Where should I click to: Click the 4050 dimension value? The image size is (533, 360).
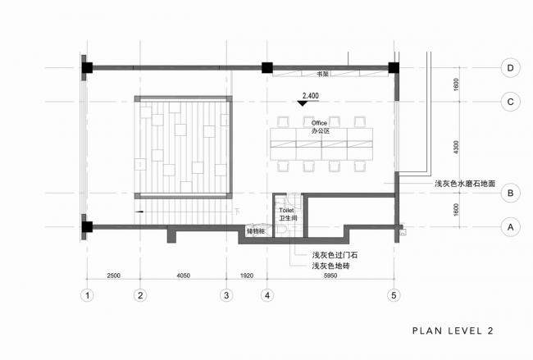tap(183, 276)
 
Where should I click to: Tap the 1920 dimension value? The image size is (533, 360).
tap(246, 276)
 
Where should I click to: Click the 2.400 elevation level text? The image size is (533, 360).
tap(311, 96)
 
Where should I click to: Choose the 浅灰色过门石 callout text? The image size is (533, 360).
tap(334, 255)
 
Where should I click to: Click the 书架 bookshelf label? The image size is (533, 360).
tap(335, 74)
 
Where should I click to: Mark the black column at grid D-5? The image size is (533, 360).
tap(394, 67)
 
